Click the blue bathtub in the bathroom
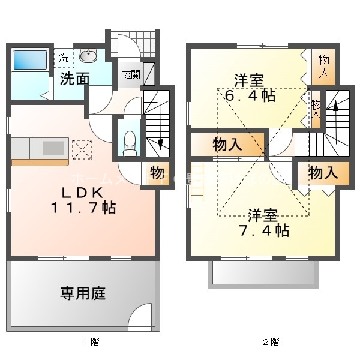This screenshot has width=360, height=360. (31, 60)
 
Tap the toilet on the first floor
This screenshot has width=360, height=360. (128, 140)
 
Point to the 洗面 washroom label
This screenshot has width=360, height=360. (74, 79)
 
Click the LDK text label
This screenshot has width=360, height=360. (85, 193)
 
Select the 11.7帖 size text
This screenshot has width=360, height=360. (85, 209)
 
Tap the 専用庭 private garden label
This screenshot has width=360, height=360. (83, 293)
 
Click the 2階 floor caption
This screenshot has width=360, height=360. (271, 343)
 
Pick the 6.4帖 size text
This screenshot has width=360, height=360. (251, 95)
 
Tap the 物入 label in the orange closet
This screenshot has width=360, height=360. (227, 145)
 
